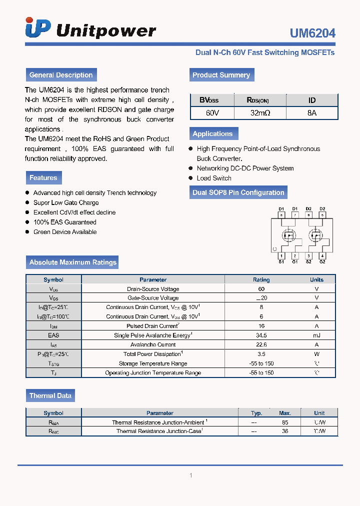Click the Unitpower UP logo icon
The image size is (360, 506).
[38, 28]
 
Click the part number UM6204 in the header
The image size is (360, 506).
[312, 33]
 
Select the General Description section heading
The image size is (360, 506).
[61, 75]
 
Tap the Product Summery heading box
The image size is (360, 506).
[221, 75]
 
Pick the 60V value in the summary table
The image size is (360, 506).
[212, 113]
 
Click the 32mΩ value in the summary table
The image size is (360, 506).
[260, 113]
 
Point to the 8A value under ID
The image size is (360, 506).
[312, 113]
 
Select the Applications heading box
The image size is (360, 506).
[213, 133]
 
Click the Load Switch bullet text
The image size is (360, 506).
[214, 178]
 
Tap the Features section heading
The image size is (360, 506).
[43, 177]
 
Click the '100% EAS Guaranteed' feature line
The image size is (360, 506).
[65, 222]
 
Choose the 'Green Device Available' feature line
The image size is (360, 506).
[65, 232]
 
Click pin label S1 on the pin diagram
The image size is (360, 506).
[281, 261]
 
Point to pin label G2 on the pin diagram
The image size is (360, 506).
[322, 261]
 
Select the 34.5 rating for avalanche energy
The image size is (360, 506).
[261, 335]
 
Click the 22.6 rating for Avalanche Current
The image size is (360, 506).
[261, 344]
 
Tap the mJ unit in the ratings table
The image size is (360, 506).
[316, 335]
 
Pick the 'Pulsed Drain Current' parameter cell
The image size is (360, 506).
[153, 326]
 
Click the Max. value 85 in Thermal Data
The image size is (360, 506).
[285, 422]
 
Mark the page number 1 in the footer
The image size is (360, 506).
[190, 475]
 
